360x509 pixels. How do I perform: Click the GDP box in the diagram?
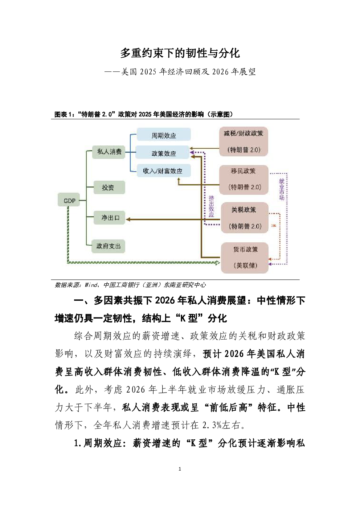point(69,200)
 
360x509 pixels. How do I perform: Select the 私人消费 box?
point(109,152)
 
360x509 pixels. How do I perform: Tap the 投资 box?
point(108,188)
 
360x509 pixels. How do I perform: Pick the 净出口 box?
point(110,218)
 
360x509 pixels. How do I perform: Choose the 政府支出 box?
point(108,246)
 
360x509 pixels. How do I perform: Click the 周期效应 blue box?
point(164,135)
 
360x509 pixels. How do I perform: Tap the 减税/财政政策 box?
point(244,141)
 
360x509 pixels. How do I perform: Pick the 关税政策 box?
point(245,218)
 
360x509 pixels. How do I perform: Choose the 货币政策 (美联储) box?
point(245,257)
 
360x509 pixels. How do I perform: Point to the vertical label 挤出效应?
point(212,206)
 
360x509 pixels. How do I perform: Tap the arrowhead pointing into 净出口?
point(128,219)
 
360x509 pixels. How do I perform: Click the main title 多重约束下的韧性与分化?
point(180,53)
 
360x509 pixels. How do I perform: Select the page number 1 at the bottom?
point(180,469)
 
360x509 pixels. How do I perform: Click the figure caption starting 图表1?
point(143,114)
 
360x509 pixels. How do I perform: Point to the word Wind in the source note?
point(91,285)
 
